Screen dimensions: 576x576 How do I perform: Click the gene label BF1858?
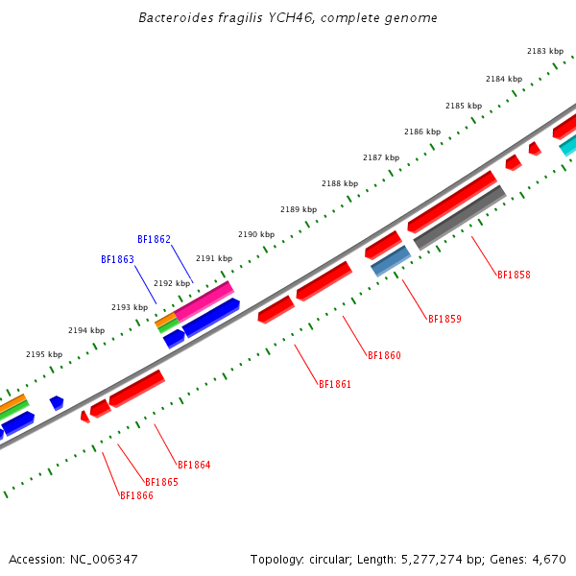click(x=514, y=275)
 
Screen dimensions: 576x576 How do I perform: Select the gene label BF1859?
click(x=444, y=319)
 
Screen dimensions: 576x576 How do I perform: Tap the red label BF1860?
click(x=384, y=355)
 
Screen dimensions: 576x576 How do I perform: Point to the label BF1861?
click(x=335, y=384)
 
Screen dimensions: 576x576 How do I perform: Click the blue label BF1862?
click(x=154, y=239)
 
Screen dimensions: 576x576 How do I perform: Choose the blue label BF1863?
click(x=117, y=259)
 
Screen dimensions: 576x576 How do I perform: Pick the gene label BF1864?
click(x=194, y=465)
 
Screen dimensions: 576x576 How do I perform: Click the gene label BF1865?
click(x=161, y=482)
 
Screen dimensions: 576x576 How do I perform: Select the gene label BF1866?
click(x=136, y=495)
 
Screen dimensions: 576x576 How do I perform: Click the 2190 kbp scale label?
click(x=256, y=234)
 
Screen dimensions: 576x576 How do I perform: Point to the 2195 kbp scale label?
click(x=44, y=354)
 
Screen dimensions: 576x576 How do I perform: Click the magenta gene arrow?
click(x=204, y=301)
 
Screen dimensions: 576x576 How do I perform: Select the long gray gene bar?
click(x=459, y=218)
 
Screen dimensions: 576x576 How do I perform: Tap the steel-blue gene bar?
click(x=391, y=260)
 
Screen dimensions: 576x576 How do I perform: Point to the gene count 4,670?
click(x=548, y=559)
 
